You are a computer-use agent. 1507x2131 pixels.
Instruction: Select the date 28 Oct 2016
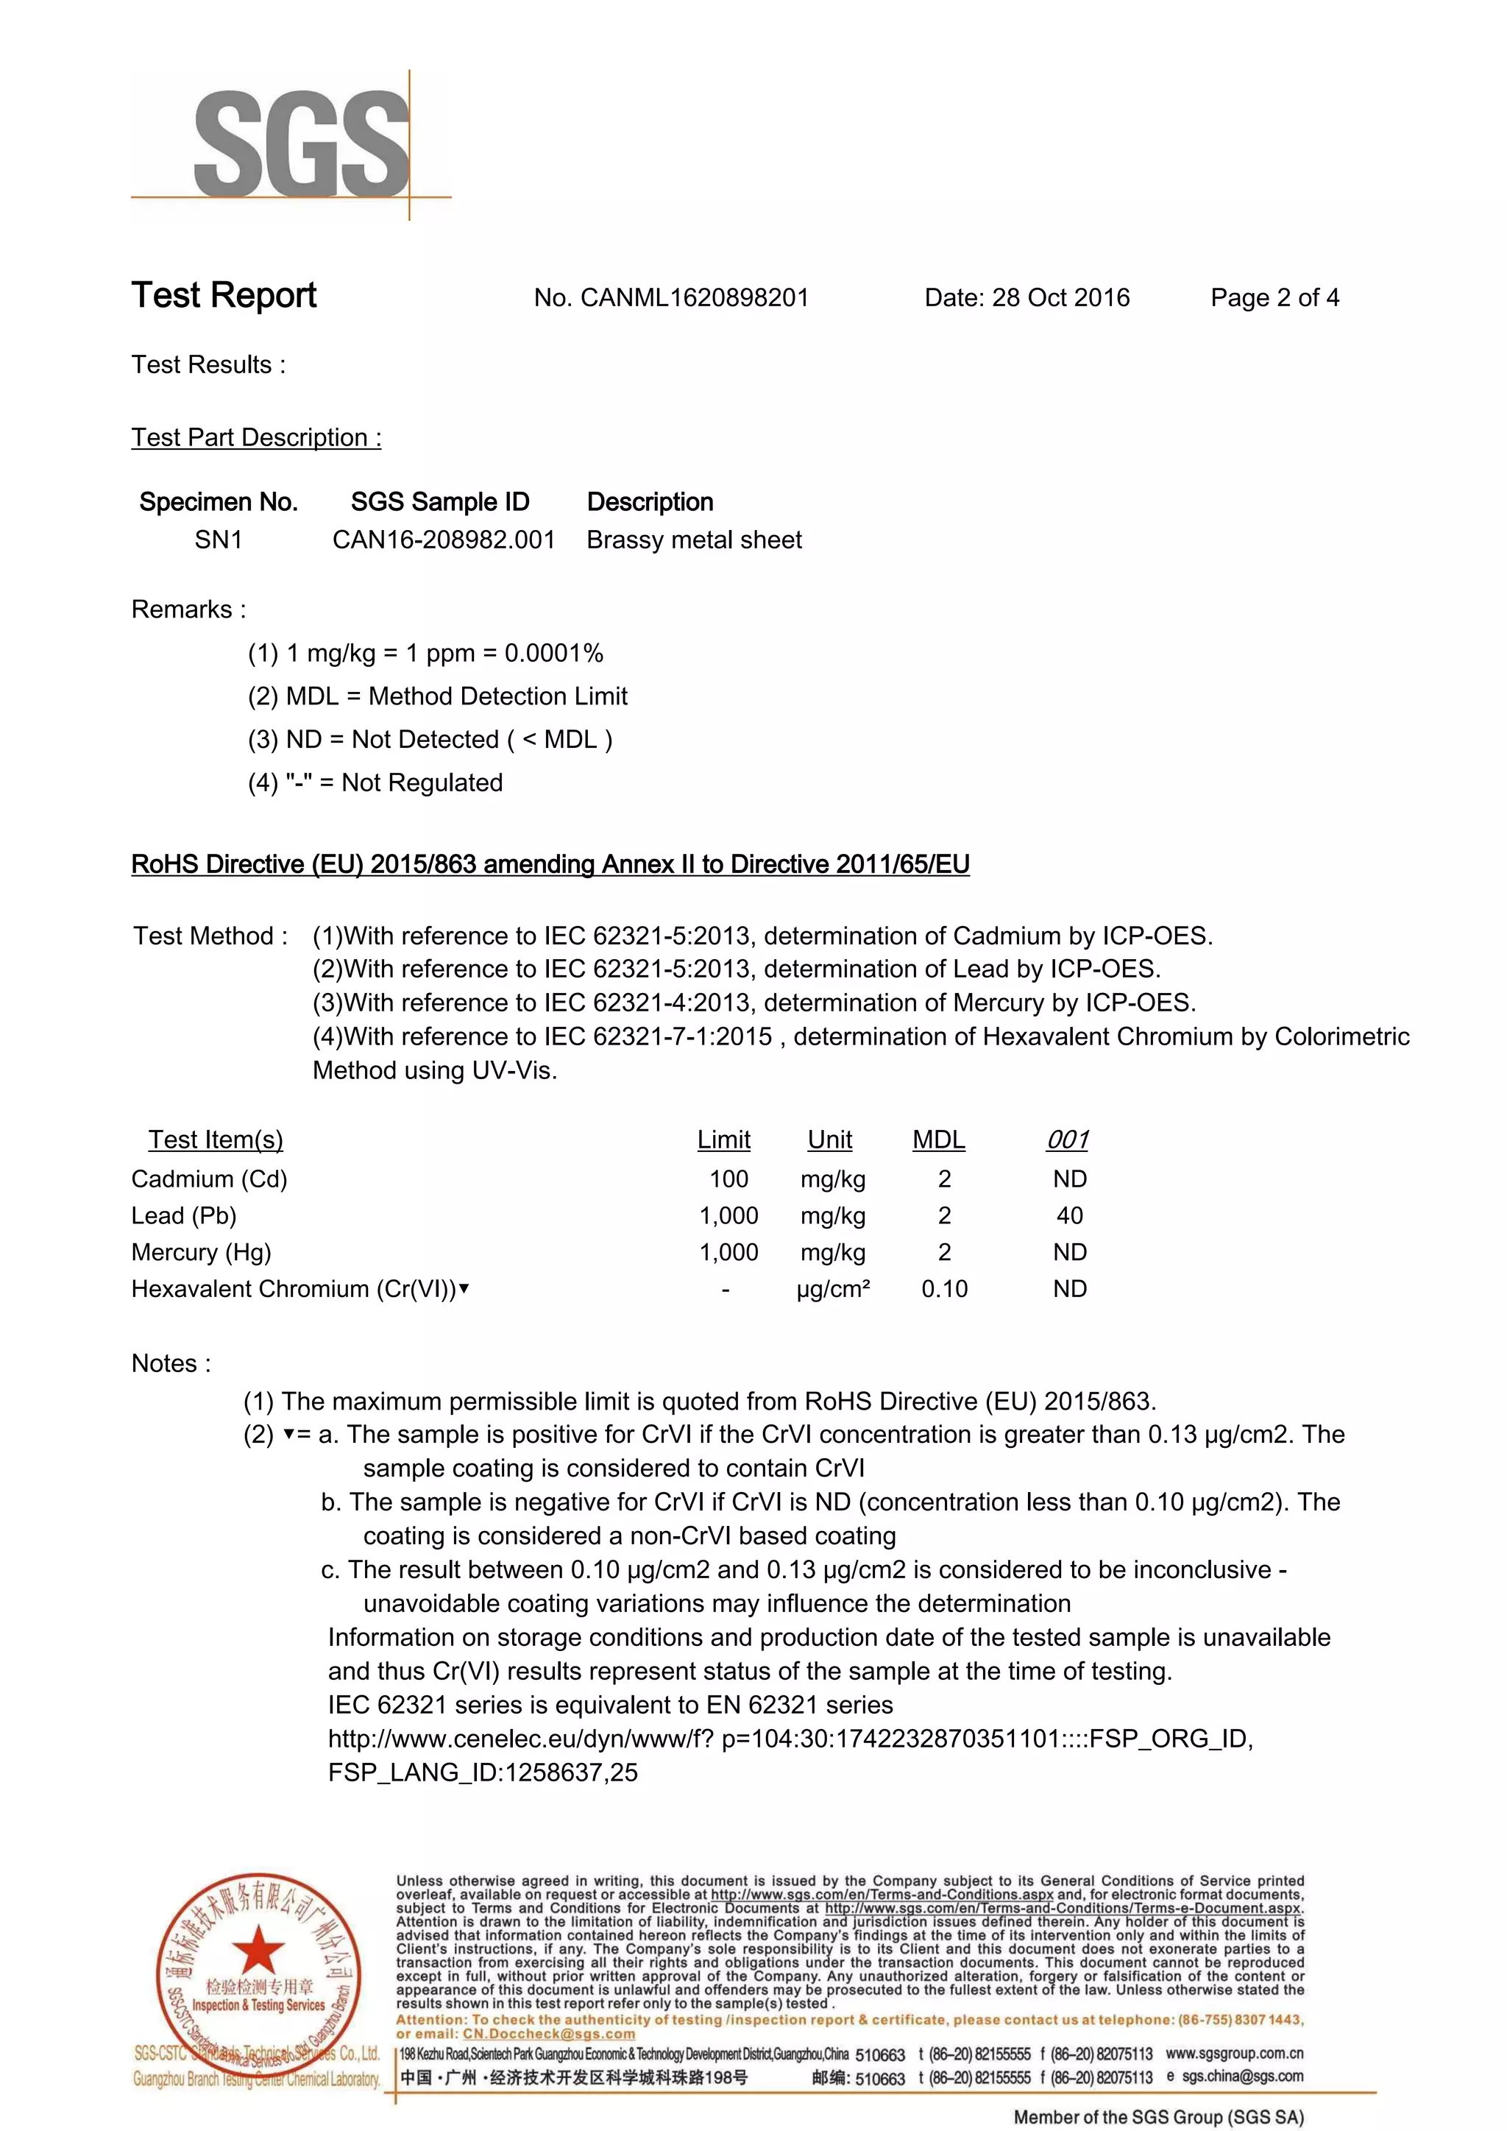tap(1060, 298)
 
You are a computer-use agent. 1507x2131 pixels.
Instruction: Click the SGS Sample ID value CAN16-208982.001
tap(444, 540)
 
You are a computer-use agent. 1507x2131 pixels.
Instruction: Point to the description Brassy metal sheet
tap(694, 540)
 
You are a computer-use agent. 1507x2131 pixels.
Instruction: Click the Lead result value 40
tap(1069, 1215)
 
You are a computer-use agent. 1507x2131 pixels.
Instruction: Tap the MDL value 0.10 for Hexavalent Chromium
tap(944, 1288)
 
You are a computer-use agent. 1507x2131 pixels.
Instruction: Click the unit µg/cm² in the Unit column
tap(832, 1288)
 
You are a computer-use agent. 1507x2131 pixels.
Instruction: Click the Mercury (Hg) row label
tap(202, 1252)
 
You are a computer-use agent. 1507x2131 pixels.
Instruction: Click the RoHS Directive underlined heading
tap(550, 864)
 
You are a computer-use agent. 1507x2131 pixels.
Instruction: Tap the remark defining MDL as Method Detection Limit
tap(437, 696)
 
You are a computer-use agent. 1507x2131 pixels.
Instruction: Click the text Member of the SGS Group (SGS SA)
tap(1158, 2117)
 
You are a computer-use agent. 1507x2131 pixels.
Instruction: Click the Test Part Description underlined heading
tap(256, 437)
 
